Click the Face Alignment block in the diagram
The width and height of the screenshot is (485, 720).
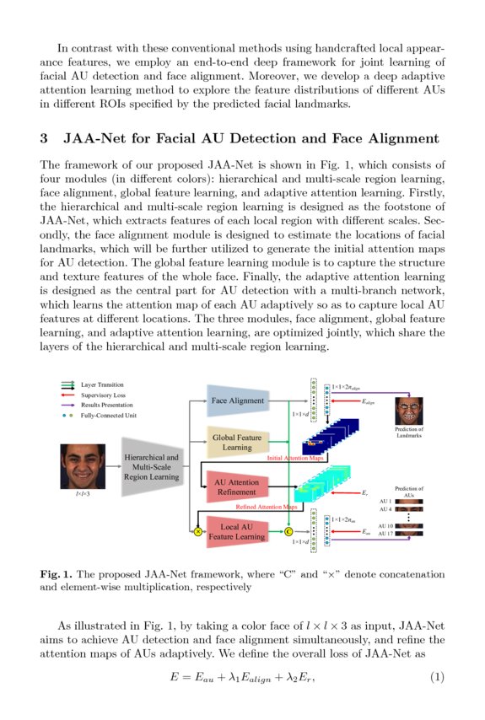pyautogui.click(x=238, y=400)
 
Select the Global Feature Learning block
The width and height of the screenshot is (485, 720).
pyautogui.click(x=237, y=442)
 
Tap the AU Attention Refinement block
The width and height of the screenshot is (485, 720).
pyautogui.click(x=237, y=486)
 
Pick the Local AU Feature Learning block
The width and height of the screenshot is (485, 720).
pyautogui.click(x=237, y=530)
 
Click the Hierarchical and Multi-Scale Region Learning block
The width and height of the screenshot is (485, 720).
pyautogui.click(x=151, y=466)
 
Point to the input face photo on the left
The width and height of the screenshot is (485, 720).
pyautogui.click(x=83, y=466)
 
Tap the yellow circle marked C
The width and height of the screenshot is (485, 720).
pyautogui.click(x=288, y=531)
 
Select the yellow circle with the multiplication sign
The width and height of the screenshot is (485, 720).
pyautogui.click(x=198, y=531)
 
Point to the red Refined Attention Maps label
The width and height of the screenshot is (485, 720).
pyautogui.click(x=265, y=507)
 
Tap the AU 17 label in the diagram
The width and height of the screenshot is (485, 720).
pyautogui.click(x=385, y=534)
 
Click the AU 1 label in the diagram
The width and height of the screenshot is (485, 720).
pyautogui.click(x=385, y=501)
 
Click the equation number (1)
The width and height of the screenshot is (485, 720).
pyautogui.click(x=437, y=678)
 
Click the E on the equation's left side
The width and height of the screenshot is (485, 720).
pyautogui.click(x=174, y=678)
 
